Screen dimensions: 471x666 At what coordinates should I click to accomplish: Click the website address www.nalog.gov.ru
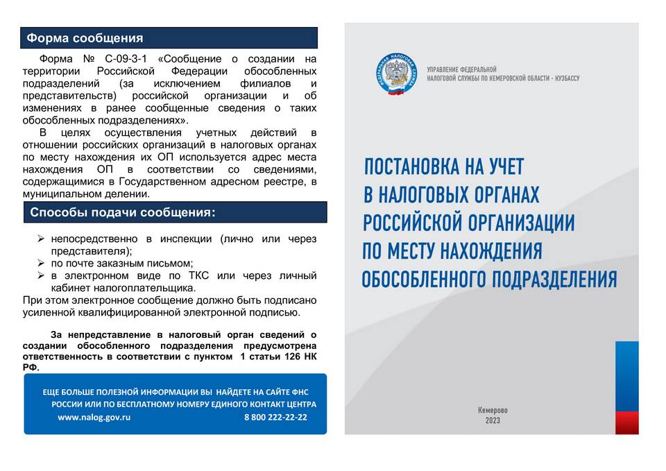(x=94, y=418)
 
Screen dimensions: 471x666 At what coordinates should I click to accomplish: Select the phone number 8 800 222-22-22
(x=275, y=418)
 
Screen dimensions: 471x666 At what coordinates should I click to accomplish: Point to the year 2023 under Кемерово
(x=493, y=421)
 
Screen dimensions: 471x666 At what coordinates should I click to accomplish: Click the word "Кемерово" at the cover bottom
(x=493, y=410)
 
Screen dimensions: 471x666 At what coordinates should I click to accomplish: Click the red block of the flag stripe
(x=626, y=422)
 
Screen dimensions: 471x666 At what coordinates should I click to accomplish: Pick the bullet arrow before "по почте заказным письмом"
(x=41, y=264)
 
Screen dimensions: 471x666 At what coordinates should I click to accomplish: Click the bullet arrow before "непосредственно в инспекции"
(x=41, y=239)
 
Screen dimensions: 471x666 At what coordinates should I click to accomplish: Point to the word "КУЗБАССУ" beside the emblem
(x=560, y=79)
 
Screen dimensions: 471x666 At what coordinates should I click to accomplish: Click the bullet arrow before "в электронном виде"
(x=41, y=276)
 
